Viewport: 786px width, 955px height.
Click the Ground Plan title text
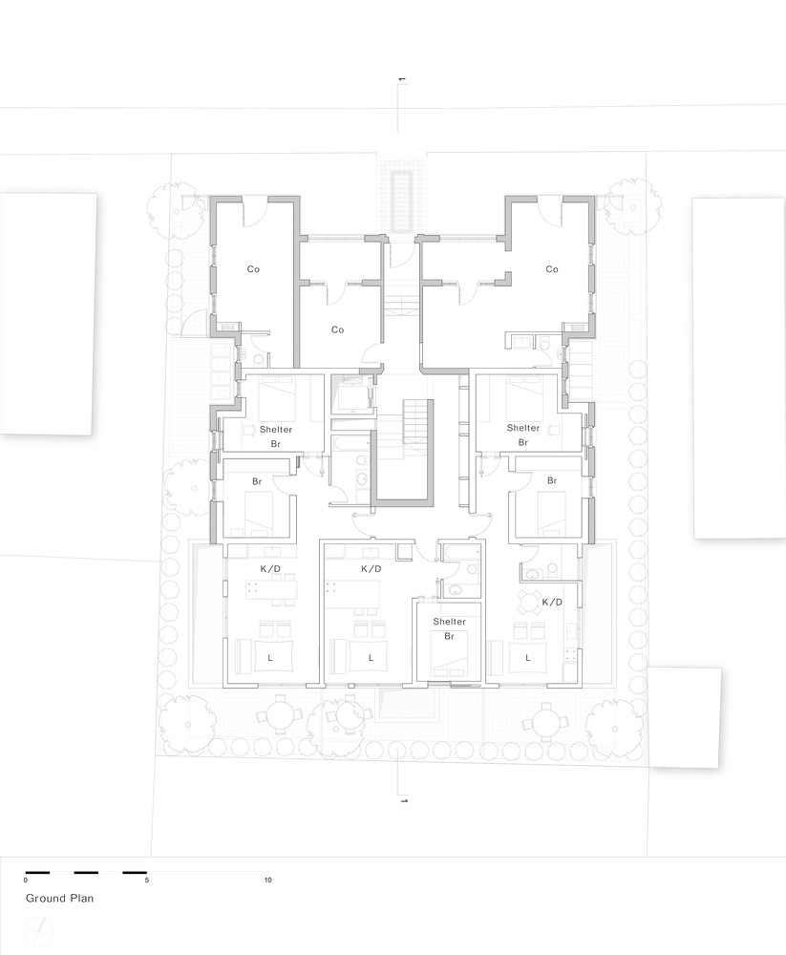click(x=59, y=898)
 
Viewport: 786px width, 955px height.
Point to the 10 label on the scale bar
click(x=268, y=880)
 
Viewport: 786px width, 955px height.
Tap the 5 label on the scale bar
click(x=146, y=880)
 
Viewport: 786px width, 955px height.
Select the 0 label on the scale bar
click(x=26, y=880)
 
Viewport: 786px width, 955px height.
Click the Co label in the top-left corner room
click(x=253, y=269)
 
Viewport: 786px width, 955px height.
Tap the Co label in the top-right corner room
click(x=551, y=269)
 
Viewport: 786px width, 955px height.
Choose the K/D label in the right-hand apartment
click(x=551, y=603)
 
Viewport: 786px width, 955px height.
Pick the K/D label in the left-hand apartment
click(x=270, y=569)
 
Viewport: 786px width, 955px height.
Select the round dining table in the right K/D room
click(x=528, y=602)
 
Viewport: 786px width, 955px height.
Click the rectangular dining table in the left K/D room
click(x=273, y=589)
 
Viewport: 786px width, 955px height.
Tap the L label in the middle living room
click(x=371, y=657)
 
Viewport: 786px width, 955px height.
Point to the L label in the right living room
click(x=528, y=657)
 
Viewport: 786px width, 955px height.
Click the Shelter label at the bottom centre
click(x=449, y=622)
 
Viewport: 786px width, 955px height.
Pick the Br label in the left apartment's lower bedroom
click(x=257, y=482)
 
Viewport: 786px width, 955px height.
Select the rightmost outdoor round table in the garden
click(x=545, y=716)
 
